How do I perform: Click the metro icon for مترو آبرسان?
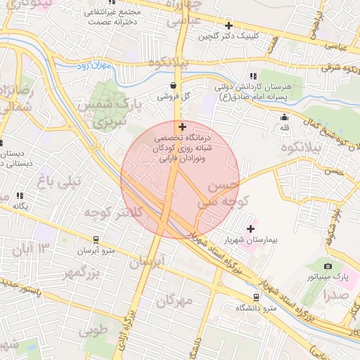tap(96, 239)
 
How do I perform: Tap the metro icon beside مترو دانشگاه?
tap(255, 296)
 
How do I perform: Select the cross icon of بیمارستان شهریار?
tap(251, 228)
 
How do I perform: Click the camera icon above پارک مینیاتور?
tap(328, 266)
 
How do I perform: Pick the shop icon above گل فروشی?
tap(173, 85)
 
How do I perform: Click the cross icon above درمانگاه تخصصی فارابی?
tap(183, 127)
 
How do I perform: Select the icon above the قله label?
tap(284, 117)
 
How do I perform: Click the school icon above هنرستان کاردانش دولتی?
tap(252, 76)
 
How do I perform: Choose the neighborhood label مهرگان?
tap(174, 301)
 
